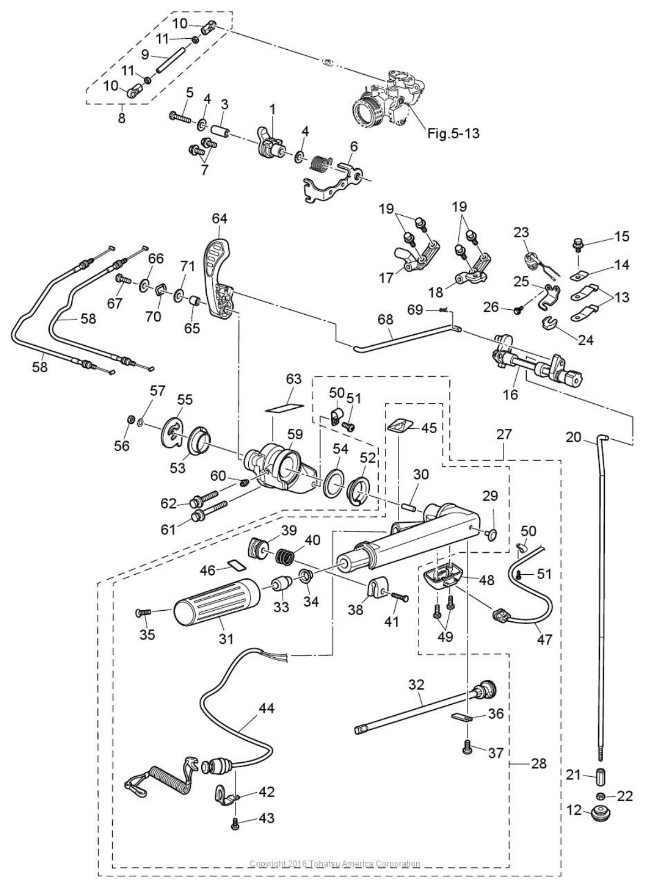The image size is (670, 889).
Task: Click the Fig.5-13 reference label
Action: [453, 133]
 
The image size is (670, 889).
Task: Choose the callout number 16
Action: [511, 394]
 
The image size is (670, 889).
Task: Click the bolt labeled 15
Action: [578, 243]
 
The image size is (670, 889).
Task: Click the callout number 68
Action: [385, 320]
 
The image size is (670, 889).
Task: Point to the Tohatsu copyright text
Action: [334, 864]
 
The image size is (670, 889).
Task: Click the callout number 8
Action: [122, 118]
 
